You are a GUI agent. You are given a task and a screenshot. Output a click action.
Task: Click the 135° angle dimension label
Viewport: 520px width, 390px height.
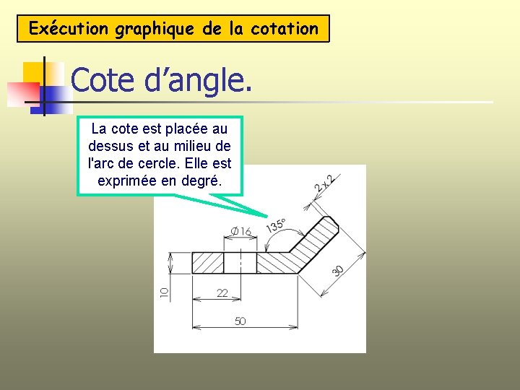(x=276, y=225)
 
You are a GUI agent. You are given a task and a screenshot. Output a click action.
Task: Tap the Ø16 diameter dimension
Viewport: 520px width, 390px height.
(x=241, y=231)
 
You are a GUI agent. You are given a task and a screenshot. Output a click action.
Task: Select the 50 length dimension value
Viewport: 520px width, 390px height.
(x=240, y=321)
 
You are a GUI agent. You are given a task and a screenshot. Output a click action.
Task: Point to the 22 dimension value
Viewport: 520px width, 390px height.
(x=222, y=292)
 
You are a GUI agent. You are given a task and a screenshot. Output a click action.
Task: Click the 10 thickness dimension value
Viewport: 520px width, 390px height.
(x=164, y=293)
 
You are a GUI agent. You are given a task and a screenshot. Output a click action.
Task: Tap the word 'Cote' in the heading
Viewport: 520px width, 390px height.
(x=100, y=81)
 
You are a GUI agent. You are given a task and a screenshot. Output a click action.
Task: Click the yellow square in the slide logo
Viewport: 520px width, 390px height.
(x=34, y=73)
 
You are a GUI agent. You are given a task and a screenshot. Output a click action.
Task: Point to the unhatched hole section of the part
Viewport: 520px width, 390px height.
(x=240, y=262)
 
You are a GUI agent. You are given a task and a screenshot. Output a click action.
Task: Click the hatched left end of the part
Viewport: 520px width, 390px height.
(x=208, y=262)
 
